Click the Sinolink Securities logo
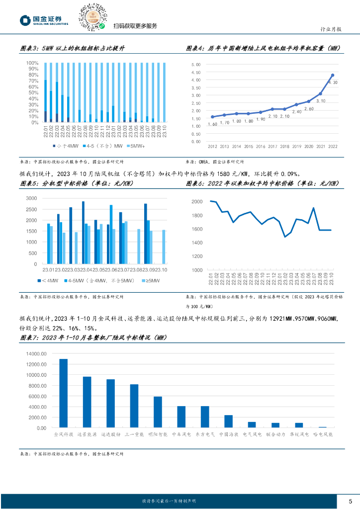(44, 20)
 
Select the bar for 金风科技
(63, 393)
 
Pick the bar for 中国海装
(228, 421)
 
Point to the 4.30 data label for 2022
(334, 83)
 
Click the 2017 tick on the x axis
(272, 147)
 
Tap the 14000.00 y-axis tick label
(36, 354)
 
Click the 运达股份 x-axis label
(110, 434)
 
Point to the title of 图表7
(92, 339)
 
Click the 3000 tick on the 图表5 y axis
(31, 198)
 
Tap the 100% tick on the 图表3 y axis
(32, 63)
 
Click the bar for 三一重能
(134, 406)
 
